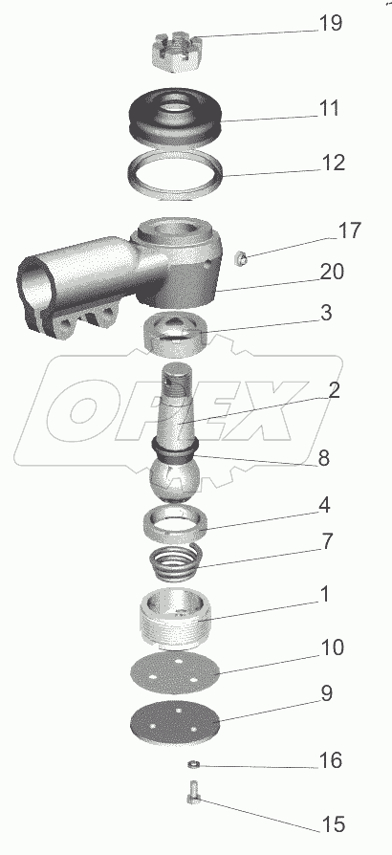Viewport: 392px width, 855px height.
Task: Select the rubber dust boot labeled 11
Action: (176, 116)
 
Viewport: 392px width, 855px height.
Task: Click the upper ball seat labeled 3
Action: (174, 333)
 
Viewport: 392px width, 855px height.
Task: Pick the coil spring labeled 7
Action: (176, 562)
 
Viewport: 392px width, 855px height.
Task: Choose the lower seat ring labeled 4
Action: (175, 524)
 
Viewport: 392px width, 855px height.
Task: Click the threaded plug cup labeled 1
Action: (175, 619)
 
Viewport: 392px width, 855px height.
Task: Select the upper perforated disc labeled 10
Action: (175, 674)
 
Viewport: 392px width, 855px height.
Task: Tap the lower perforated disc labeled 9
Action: (175, 723)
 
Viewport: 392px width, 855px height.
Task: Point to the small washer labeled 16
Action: (193, 764)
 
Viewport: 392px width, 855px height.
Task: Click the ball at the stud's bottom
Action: (174, 480)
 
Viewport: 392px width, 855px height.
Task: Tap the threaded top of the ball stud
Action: (177, 379)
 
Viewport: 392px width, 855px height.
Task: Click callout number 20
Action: (332, 271)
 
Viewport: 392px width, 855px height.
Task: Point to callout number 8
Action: (324, 458)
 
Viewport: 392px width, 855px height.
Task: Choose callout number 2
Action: (334, 390)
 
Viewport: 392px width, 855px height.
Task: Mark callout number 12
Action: (333, 163)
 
